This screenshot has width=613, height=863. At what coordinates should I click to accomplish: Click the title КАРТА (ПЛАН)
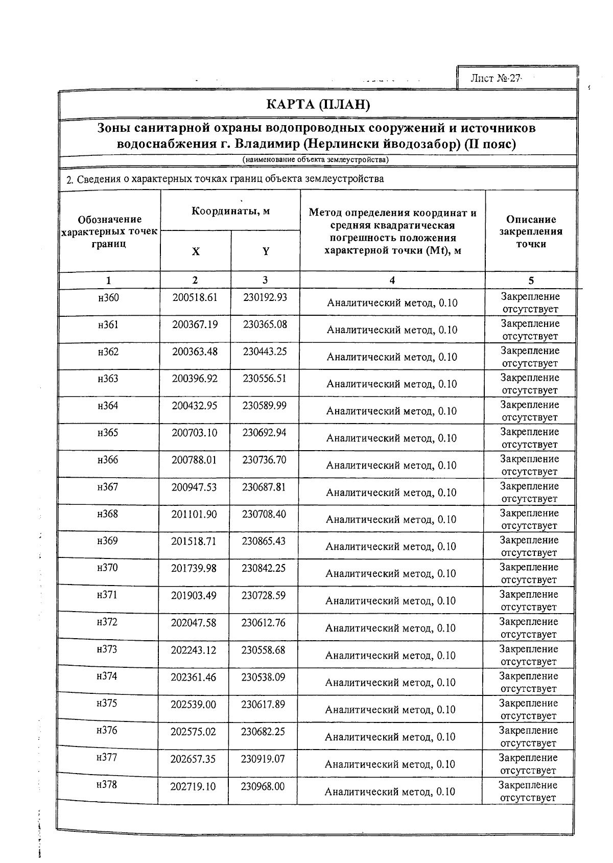click(318, 105)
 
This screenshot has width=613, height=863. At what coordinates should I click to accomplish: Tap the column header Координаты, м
click(230, 211)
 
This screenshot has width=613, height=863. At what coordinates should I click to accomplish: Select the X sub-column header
click(196, 251)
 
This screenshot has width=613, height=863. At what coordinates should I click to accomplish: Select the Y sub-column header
click(266, 251)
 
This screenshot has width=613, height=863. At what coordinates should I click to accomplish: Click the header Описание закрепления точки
click(531, 231)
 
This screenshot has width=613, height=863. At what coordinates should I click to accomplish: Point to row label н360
click(108, 297)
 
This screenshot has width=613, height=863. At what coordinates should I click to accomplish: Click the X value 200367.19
click(195, 324)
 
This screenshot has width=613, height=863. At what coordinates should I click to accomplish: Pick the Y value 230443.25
click(265, 352)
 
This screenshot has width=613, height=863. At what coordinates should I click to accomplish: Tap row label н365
click(108, 433)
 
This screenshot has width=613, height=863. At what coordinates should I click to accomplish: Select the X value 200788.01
click(194, 460)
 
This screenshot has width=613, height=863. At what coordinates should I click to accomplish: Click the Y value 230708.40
click(264, 514)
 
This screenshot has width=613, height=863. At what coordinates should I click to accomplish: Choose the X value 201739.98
click(194, 568)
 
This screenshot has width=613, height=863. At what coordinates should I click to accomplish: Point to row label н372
click(107, 622)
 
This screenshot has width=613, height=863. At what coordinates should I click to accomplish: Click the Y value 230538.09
click(263, 677)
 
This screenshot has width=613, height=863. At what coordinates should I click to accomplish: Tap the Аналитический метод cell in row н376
click(390, 737)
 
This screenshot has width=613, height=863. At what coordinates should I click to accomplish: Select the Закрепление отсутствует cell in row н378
click(528, 791)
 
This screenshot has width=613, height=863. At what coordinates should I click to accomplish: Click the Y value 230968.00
click(263, 786)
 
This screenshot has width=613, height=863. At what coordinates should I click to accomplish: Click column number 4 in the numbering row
click(392, 280)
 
